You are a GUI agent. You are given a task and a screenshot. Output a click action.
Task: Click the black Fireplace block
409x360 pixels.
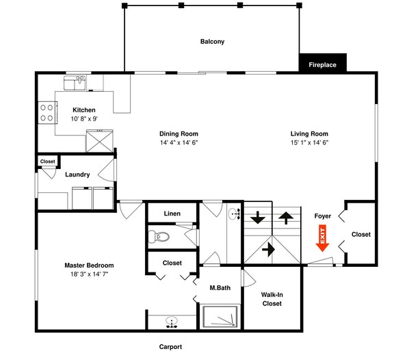[x=322, y=64]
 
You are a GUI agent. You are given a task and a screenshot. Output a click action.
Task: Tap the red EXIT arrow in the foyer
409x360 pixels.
[x=322, y=240]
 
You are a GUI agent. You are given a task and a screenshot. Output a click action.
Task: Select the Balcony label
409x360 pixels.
[x=212, y=42]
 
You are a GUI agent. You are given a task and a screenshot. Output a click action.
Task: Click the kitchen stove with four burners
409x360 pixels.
[x=47, y=112]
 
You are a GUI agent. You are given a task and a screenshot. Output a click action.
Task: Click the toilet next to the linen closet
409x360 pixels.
[x=161, y=238]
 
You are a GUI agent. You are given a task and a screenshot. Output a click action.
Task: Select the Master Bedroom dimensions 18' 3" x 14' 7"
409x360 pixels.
[x=89, y=274]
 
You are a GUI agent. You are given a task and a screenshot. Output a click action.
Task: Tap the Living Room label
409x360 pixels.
[x=309, y=134]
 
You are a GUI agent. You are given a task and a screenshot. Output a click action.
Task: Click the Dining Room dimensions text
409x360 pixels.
[x=179, y=143]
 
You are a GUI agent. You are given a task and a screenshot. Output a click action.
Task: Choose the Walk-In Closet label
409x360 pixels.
[x=272, y=299]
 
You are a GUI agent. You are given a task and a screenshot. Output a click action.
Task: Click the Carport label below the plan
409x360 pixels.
[x=170, y=347]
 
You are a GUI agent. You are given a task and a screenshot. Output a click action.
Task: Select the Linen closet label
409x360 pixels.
[x=172, y=214]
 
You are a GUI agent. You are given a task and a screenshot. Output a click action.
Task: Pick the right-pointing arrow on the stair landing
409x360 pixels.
[x=268, y=249]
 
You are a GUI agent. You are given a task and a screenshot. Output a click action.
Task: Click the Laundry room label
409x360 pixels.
[x=77, y=175]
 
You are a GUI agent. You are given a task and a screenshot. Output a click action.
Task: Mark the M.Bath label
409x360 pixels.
[x=220, y=288]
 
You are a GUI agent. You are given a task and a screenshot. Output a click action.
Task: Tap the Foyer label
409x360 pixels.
[x=323, y=216]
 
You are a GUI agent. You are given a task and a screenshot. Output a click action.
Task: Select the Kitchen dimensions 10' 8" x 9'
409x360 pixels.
[x=84, y=119]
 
